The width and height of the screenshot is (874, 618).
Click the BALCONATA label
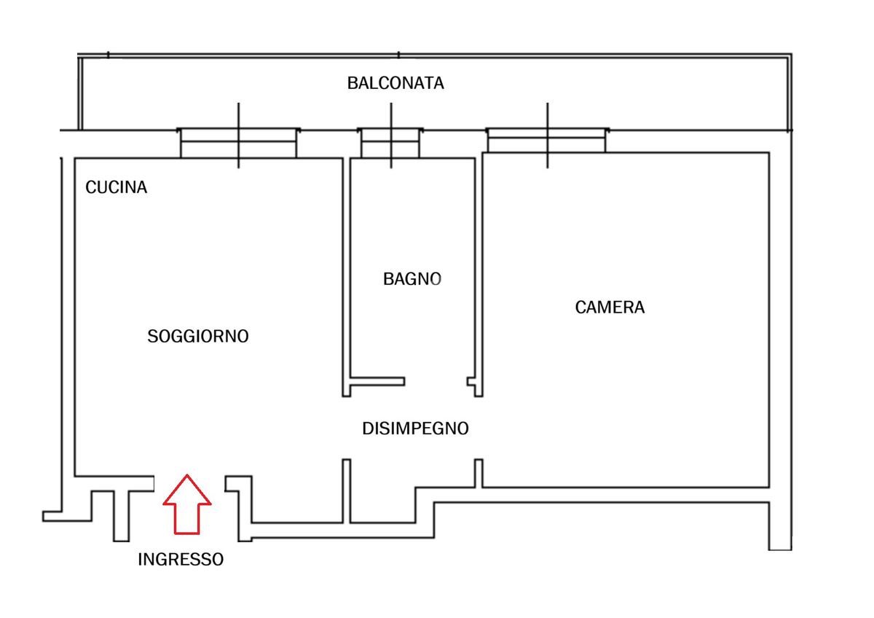[395, 83]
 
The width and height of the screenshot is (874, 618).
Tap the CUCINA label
[117, 187]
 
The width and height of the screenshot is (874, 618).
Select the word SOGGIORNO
[198, 337]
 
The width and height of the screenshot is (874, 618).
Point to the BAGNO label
[412, 278]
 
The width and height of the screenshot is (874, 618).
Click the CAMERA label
[610, 308]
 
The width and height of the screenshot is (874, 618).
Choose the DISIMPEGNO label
[415, 429]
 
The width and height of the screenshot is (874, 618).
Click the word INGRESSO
[181, 560]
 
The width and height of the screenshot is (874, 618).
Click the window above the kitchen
[238, 143]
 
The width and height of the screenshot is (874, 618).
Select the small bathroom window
[391, 143]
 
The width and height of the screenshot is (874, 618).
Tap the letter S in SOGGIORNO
[152, 337]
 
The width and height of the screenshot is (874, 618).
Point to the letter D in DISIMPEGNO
[367, 429]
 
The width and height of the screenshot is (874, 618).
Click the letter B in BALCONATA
[352, 83]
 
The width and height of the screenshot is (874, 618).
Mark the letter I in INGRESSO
[141, 560]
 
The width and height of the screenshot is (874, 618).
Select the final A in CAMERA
[639, 308]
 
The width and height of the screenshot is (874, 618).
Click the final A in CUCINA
[142, 187]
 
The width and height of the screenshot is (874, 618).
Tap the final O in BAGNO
[436, 278]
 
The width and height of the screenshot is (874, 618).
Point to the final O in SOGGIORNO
[243, 337]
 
